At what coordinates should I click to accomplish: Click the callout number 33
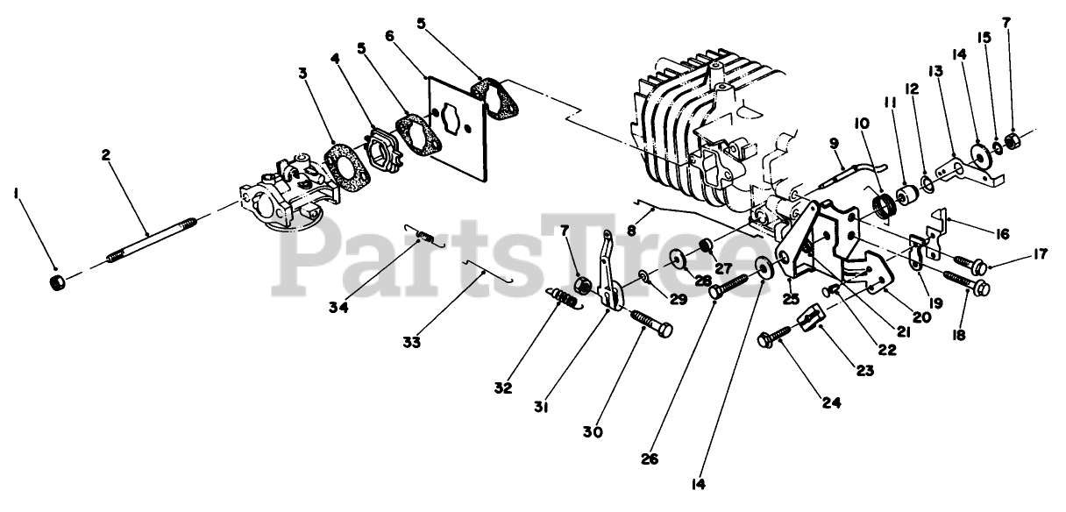(412, 342)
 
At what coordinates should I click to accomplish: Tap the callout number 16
(1003, 233)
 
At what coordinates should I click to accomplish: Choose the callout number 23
(865, 371)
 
